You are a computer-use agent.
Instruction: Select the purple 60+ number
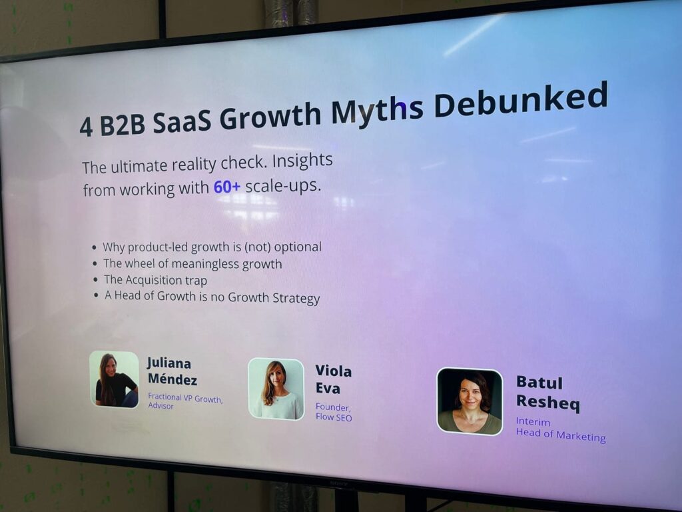point(226,187)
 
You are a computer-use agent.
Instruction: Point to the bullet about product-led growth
point(212,247)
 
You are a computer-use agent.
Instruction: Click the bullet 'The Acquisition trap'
point(155,280)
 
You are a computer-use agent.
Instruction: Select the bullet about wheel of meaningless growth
point(192,263)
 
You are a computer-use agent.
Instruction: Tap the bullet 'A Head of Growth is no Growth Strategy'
point(212,297)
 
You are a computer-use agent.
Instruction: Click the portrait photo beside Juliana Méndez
point(115,379)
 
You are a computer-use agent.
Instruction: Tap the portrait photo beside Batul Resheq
point(470,401)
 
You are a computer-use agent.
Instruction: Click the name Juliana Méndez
point(171,371)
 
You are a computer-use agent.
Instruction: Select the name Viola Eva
point(333,379)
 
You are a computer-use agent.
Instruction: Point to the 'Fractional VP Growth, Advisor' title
point(184,401)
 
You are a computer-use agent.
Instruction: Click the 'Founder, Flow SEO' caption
point(333,412)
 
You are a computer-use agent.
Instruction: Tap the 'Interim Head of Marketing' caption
point(560,430)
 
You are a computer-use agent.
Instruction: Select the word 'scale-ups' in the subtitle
point(283,185)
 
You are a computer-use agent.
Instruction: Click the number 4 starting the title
point(86,127)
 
